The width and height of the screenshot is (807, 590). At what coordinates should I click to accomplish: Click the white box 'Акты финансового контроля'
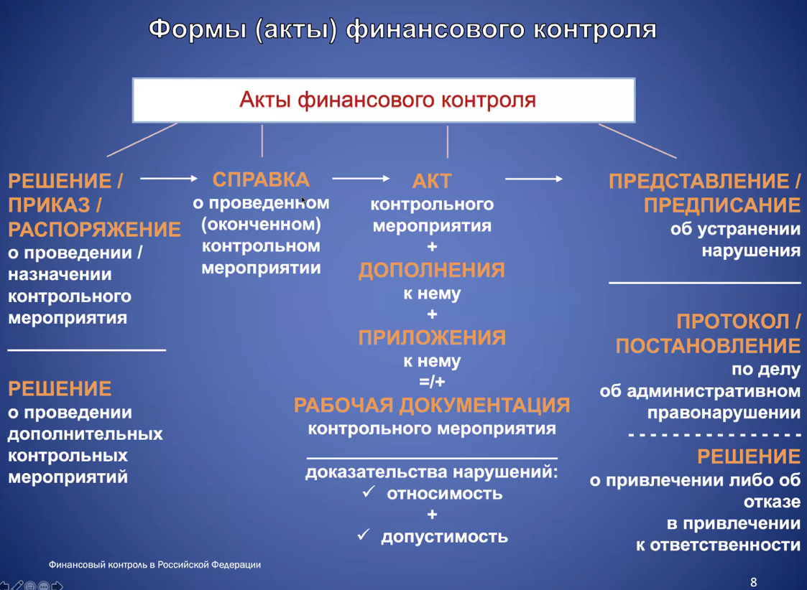(384, 100)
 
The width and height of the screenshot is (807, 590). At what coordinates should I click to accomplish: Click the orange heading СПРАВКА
(261, 180)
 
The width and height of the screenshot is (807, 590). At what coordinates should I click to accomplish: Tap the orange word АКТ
(432, 181)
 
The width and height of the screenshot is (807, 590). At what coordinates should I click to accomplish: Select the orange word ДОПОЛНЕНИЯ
(432, 271)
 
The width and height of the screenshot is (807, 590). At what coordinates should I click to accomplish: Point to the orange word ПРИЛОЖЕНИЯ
(432, 337)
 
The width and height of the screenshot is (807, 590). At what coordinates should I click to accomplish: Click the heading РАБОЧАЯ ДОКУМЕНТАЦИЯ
(432, 406)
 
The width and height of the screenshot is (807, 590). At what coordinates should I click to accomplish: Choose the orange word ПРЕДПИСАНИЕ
(722, 205)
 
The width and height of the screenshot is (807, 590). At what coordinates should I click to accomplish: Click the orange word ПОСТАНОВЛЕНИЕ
(708, 346)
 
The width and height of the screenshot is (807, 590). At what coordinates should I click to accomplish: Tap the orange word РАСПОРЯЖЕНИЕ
(94, 230)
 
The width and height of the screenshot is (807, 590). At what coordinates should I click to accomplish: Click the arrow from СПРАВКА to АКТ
(361, 178)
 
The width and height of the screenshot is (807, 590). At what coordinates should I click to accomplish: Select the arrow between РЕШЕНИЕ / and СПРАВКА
(169, 178)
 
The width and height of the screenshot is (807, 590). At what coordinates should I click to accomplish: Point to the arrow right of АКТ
(534, 179)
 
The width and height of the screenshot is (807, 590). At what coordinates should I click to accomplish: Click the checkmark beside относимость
(369, 492)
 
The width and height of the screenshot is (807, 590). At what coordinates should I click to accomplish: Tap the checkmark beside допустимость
(364, 535)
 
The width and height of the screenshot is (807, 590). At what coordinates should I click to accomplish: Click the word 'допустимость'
(444, 537)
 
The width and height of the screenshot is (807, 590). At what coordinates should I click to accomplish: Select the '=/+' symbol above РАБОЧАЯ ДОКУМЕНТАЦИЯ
(432, 382)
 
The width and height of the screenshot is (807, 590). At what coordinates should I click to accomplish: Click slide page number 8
(754, 582)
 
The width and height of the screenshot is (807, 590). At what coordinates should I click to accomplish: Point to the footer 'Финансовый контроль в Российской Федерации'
(155, 565)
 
